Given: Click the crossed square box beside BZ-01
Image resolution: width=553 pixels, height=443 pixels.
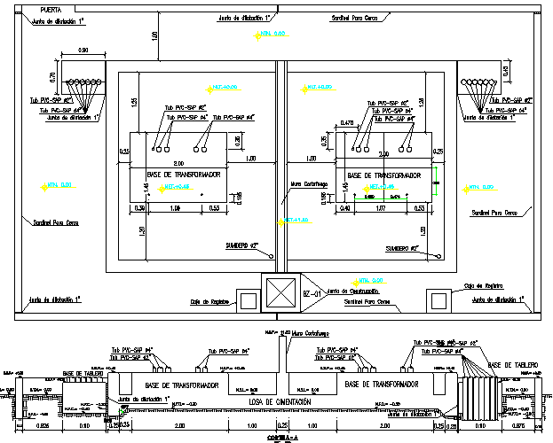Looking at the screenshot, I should [282, 293].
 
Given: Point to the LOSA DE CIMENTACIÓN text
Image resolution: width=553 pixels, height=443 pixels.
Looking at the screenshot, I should [281, 403].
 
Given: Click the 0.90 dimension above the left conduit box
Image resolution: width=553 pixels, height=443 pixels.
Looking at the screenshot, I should [83, 50].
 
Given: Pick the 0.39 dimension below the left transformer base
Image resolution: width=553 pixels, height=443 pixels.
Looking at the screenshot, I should [139, 208].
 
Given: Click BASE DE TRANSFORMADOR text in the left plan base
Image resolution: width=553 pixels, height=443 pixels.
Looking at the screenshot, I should [183, 175].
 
